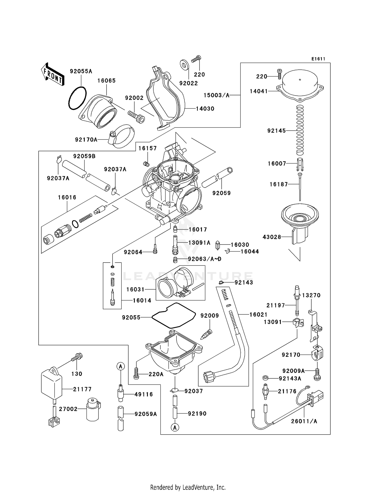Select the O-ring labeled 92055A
(x=77, y=98)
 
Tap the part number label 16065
(x=106, y=80)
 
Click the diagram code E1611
(x=318, y=59)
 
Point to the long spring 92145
(x=300, y=130)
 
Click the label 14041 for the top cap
(x=259, y=91)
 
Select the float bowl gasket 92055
(x=173, y=316)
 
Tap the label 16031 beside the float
(x=135, y=289)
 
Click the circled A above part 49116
(x=121, y=366)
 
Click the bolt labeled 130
(x=77, y=357)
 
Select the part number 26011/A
(x=304, y=421)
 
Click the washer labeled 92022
(x=184, y=64)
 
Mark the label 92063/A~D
(x=205, y=259)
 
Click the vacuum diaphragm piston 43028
(x=300, y=223)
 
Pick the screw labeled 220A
(x=136, y=373)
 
